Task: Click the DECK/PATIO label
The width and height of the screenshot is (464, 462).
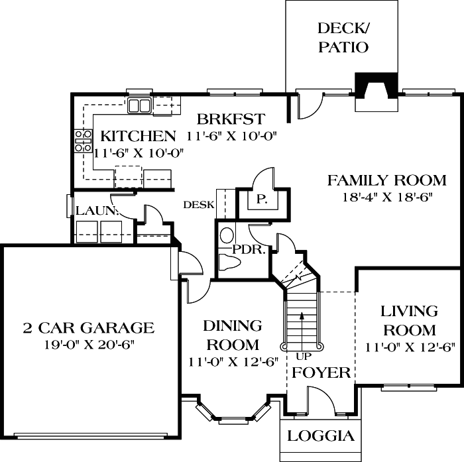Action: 342,37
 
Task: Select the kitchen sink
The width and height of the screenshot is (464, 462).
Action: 140,105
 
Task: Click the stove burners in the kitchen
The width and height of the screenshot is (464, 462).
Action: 83,141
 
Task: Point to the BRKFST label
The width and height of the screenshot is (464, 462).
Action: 231,120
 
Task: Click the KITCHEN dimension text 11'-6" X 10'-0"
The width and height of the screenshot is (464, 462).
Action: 139,152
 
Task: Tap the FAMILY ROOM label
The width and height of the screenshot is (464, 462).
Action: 387,180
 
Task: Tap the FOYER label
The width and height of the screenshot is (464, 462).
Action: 321,373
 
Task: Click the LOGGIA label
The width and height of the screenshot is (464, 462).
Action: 321,437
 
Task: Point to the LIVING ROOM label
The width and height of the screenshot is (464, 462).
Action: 408,320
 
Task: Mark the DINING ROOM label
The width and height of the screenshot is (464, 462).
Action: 232,335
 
